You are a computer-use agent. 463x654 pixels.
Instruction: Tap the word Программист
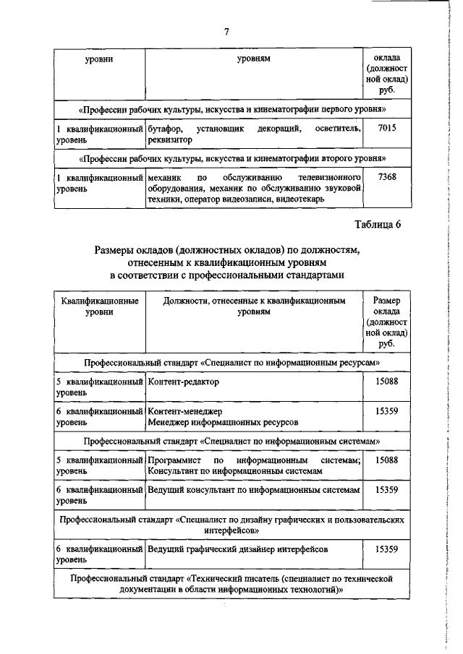174,460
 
